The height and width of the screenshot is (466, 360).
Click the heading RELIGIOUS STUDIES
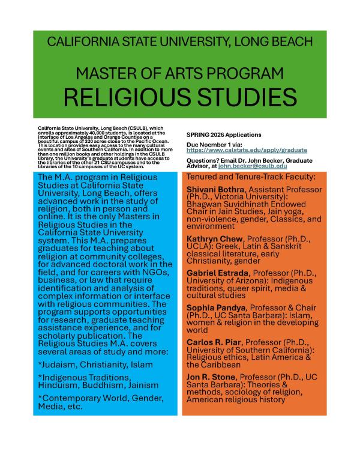pos(179,97)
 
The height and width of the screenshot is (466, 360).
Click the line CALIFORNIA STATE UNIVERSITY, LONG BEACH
pos(179,43)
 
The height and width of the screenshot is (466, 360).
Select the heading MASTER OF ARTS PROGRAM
pos(179,73)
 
